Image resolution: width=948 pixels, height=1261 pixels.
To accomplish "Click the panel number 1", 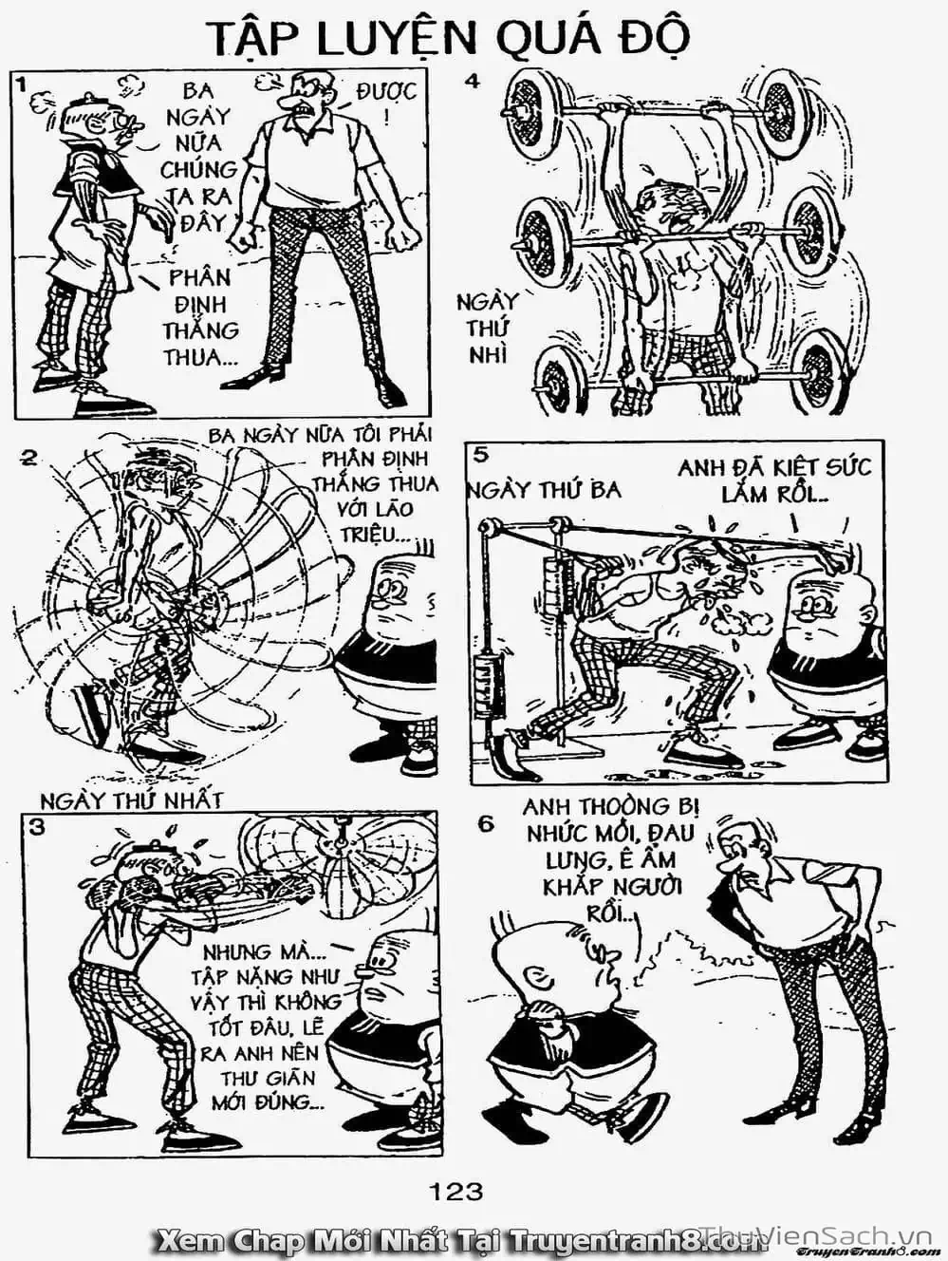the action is pos(21,85).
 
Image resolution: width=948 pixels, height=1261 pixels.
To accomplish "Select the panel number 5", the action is pos(482,455).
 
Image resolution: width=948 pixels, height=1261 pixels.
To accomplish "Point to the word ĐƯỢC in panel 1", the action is pos(386,92).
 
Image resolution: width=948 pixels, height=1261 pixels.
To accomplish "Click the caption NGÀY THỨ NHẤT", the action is pos(131,800).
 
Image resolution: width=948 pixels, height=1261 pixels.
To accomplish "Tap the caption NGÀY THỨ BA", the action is pos(545,490).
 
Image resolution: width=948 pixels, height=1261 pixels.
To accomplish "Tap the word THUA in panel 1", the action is pos(193,357).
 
